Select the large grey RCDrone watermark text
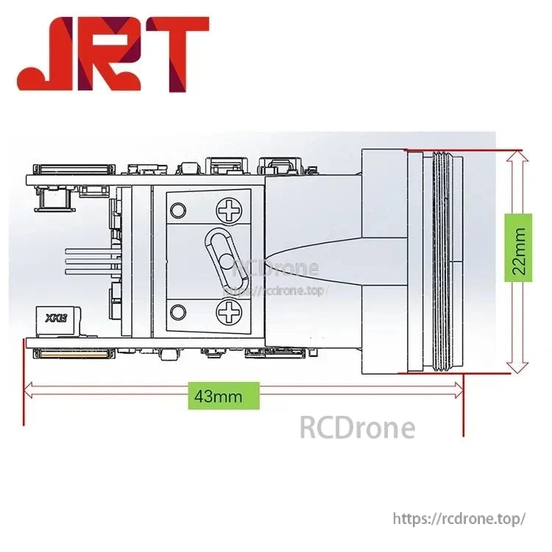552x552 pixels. click(x=357, y=427)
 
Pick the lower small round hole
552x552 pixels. click(x=178, y=313)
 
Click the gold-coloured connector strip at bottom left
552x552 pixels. click(x=74, y=354)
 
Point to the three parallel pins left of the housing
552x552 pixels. click(x=92, y=261)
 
